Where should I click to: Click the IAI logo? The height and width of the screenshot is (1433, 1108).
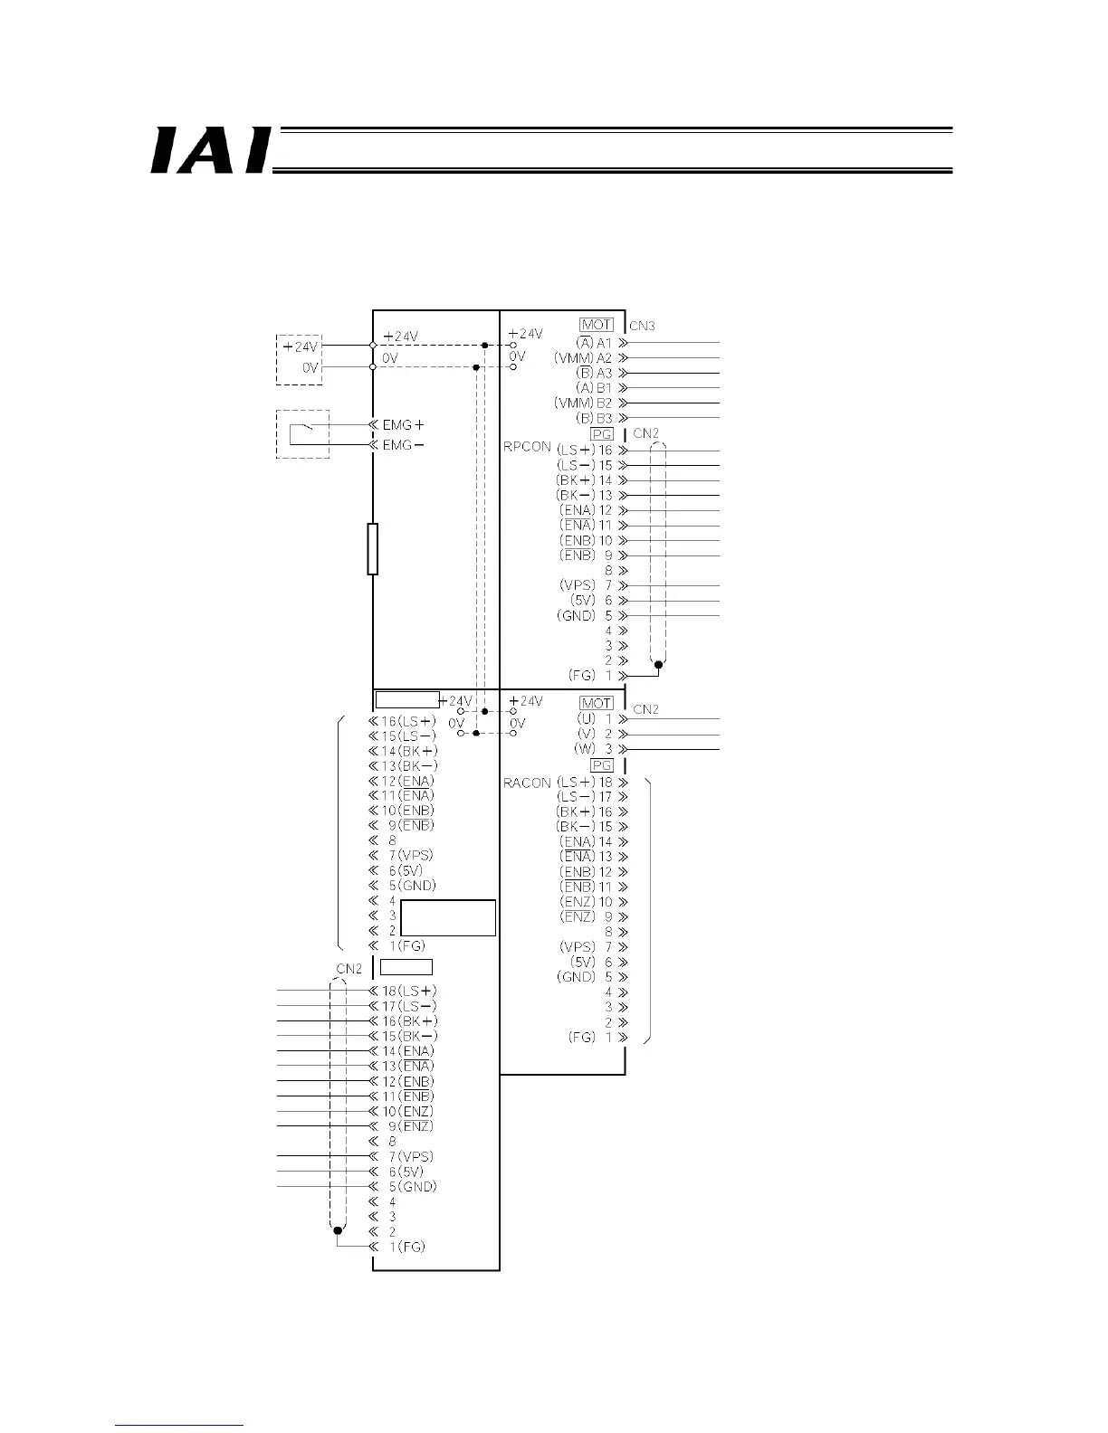(x=210, y=149)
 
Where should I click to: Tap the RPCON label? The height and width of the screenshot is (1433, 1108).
(x=527, y=447)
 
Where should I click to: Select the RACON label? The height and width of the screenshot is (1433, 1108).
(x=527, y=783)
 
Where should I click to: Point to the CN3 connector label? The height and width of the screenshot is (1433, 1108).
(x=642, y=326)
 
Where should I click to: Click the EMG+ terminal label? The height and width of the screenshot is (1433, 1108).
(x=403, y=424)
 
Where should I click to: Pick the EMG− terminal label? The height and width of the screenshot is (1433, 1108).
(x=403, y=445)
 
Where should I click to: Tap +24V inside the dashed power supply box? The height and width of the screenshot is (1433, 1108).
(x=301, y=346)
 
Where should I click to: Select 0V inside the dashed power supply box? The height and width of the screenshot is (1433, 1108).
(x=310, y=367)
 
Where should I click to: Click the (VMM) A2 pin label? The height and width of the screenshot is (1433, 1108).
(x=584, y=358)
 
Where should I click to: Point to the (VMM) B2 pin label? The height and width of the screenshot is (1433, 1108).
(x=584, y=403)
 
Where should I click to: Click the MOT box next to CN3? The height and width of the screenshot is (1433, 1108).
(x=597, y=325)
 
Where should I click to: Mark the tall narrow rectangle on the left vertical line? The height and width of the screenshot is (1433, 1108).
(x=372, y=548)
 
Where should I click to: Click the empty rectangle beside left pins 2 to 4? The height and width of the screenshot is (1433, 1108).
(x=448, y=917)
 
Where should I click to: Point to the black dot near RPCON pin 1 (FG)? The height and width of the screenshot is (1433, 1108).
(x=659, y=665)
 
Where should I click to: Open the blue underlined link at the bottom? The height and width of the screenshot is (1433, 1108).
(x=180, y=1425)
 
